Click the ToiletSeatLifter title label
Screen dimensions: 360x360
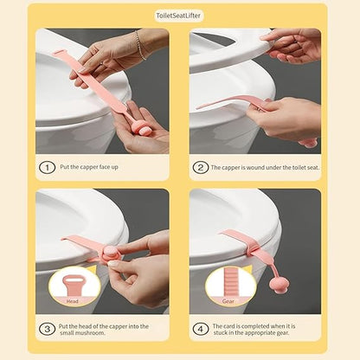point(180,16)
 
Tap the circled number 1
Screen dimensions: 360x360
point(47,168)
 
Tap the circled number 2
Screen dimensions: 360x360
point(201,168)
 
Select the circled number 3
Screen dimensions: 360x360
point(47,329)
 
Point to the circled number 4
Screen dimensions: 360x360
point(201,329)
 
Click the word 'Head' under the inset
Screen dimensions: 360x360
point(73,302)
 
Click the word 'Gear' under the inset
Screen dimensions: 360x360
point(230,302)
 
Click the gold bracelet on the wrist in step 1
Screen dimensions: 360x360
point(139,45)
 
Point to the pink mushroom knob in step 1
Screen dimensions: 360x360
point(144,129)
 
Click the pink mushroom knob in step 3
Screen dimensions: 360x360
point(111,254)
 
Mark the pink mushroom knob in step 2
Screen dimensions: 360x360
point(308,142)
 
